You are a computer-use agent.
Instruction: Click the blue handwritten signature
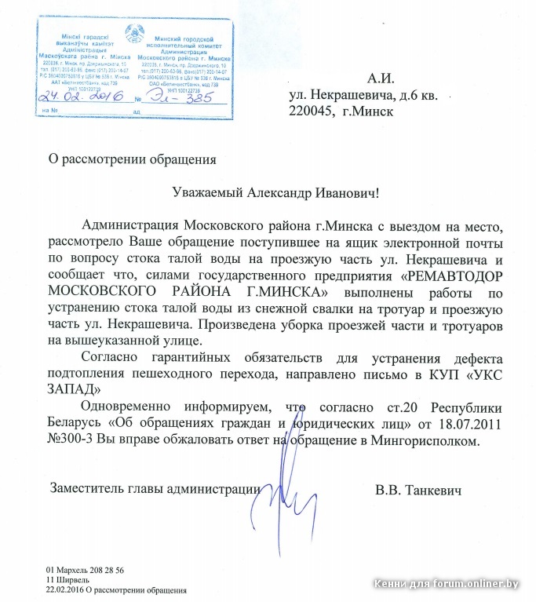[276, 479]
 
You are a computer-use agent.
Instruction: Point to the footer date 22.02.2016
[64, 589]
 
